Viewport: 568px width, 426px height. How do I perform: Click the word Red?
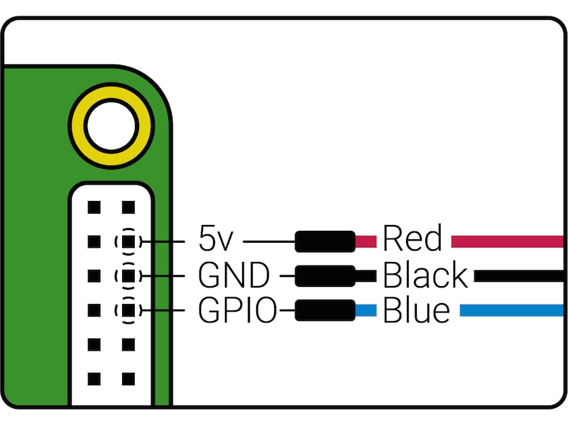point(413,240)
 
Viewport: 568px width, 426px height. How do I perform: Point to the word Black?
point(425,275)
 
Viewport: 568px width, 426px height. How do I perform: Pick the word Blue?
point(416,310)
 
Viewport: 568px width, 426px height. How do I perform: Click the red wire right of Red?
point(508,241)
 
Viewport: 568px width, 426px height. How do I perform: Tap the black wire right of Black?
point(519,275)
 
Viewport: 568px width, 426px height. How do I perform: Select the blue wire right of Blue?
point(512,310)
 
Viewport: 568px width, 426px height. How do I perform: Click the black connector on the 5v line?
point(325,241)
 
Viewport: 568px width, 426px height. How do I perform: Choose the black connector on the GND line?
point(325,275)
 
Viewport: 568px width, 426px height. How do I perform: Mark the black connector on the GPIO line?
point(325,310)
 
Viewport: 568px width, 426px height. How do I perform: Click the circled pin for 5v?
point(128,241)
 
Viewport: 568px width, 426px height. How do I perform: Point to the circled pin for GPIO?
point(128,310)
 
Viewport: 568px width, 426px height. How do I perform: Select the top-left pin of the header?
point(92,207)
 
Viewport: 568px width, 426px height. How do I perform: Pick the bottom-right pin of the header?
point(128,378)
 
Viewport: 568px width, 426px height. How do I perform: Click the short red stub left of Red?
point(366,241)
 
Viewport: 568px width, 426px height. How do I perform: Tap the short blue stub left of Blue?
point(366,310)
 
